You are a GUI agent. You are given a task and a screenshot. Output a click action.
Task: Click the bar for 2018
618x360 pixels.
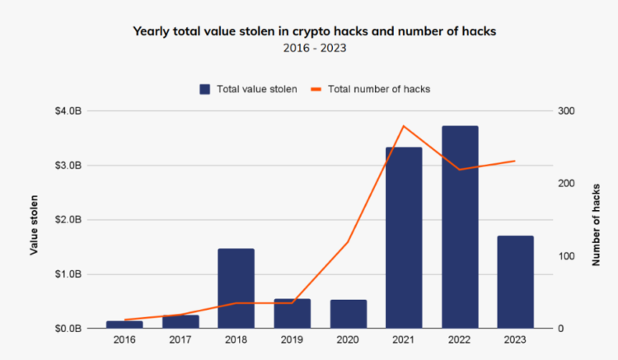pos(236,288)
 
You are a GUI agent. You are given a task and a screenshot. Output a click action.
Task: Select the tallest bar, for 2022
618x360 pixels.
pos(460,227)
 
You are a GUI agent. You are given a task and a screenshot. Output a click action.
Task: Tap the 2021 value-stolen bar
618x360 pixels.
pos(404,238)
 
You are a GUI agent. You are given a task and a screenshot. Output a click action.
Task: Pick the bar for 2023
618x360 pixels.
pos(516,282)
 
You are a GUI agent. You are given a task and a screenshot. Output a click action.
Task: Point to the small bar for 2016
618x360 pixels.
pos(124,325)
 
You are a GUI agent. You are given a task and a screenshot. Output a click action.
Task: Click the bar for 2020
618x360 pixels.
pos(348,314)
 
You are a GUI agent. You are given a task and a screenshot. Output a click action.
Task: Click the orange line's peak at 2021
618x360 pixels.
pos(404,126)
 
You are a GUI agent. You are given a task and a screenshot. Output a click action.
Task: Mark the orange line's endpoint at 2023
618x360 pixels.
pos(515,161)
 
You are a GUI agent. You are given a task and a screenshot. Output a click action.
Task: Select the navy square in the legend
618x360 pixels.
pos(204,89)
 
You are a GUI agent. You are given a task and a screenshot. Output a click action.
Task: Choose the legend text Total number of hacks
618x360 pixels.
pos(379,89)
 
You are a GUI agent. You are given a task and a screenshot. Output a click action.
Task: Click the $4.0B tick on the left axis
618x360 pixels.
pos(68,111)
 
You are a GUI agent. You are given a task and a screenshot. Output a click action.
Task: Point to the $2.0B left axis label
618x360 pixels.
pos(68,220)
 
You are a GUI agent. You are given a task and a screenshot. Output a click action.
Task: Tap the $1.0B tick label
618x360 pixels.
pos(68,274)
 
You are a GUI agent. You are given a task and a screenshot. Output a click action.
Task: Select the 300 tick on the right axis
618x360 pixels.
pos(566,111)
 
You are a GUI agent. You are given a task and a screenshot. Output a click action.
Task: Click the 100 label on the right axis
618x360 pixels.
pos(566,256)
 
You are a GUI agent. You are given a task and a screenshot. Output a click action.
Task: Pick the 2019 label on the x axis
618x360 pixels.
pos(292,339)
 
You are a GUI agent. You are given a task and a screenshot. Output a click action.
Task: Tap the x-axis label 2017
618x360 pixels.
pos(180,339)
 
